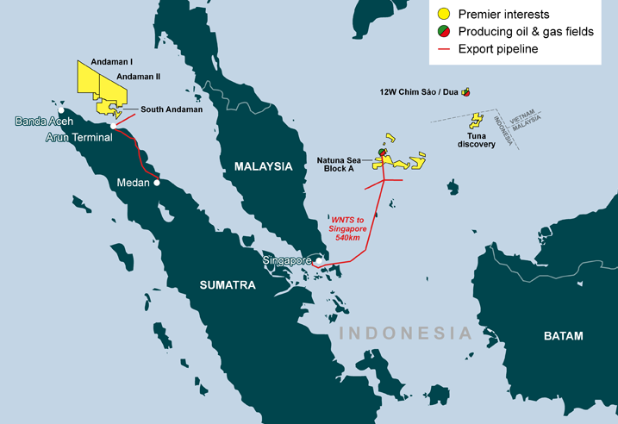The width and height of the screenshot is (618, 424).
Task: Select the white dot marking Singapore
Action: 318,260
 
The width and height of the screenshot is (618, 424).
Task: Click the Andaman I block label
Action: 100,63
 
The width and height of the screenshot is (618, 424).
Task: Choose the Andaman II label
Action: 139,76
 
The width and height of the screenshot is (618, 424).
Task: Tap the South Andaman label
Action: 172,109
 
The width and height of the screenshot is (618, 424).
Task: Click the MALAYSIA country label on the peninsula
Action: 259,168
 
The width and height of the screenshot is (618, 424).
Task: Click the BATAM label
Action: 562,335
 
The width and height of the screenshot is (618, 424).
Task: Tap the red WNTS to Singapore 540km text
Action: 348,228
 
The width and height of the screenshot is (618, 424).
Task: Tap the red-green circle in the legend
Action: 444,31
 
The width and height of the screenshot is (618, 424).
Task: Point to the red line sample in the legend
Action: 444,49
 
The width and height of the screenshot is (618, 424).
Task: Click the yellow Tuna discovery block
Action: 474,121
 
